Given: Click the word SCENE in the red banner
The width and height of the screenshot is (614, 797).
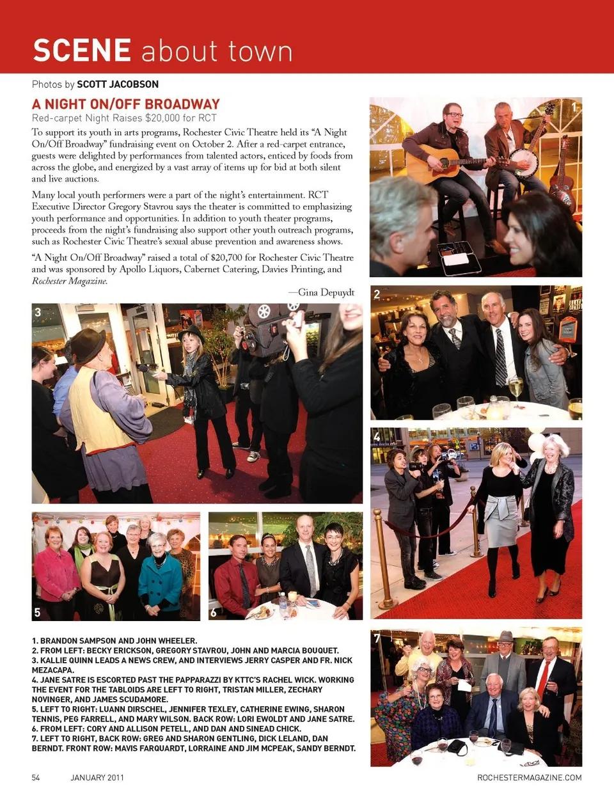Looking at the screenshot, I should click(82, 51).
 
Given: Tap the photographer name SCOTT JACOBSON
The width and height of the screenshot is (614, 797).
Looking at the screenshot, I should click(118, 84).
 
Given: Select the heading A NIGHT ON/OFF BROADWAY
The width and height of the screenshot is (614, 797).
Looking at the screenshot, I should click(126, 104).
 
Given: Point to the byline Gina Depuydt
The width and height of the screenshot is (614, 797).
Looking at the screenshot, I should click(326, 292).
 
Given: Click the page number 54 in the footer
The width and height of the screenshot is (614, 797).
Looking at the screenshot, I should click(36, 777).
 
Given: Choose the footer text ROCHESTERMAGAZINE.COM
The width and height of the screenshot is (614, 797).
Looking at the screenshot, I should click(529, 777).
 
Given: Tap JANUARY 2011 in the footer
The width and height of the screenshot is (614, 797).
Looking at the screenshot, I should click(97, 777).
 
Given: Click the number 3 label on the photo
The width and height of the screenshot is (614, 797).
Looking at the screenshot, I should click(38, 312).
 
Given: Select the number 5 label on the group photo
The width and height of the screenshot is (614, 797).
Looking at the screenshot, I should click(37, 612).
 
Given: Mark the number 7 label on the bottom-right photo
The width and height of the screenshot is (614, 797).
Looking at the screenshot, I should click(377, 638).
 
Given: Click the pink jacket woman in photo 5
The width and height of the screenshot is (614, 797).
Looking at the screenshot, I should click(56, 572).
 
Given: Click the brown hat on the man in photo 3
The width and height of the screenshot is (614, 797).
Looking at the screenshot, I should click(87, 345).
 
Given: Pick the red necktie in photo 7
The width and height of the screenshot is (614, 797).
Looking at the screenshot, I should click(543, 679).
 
